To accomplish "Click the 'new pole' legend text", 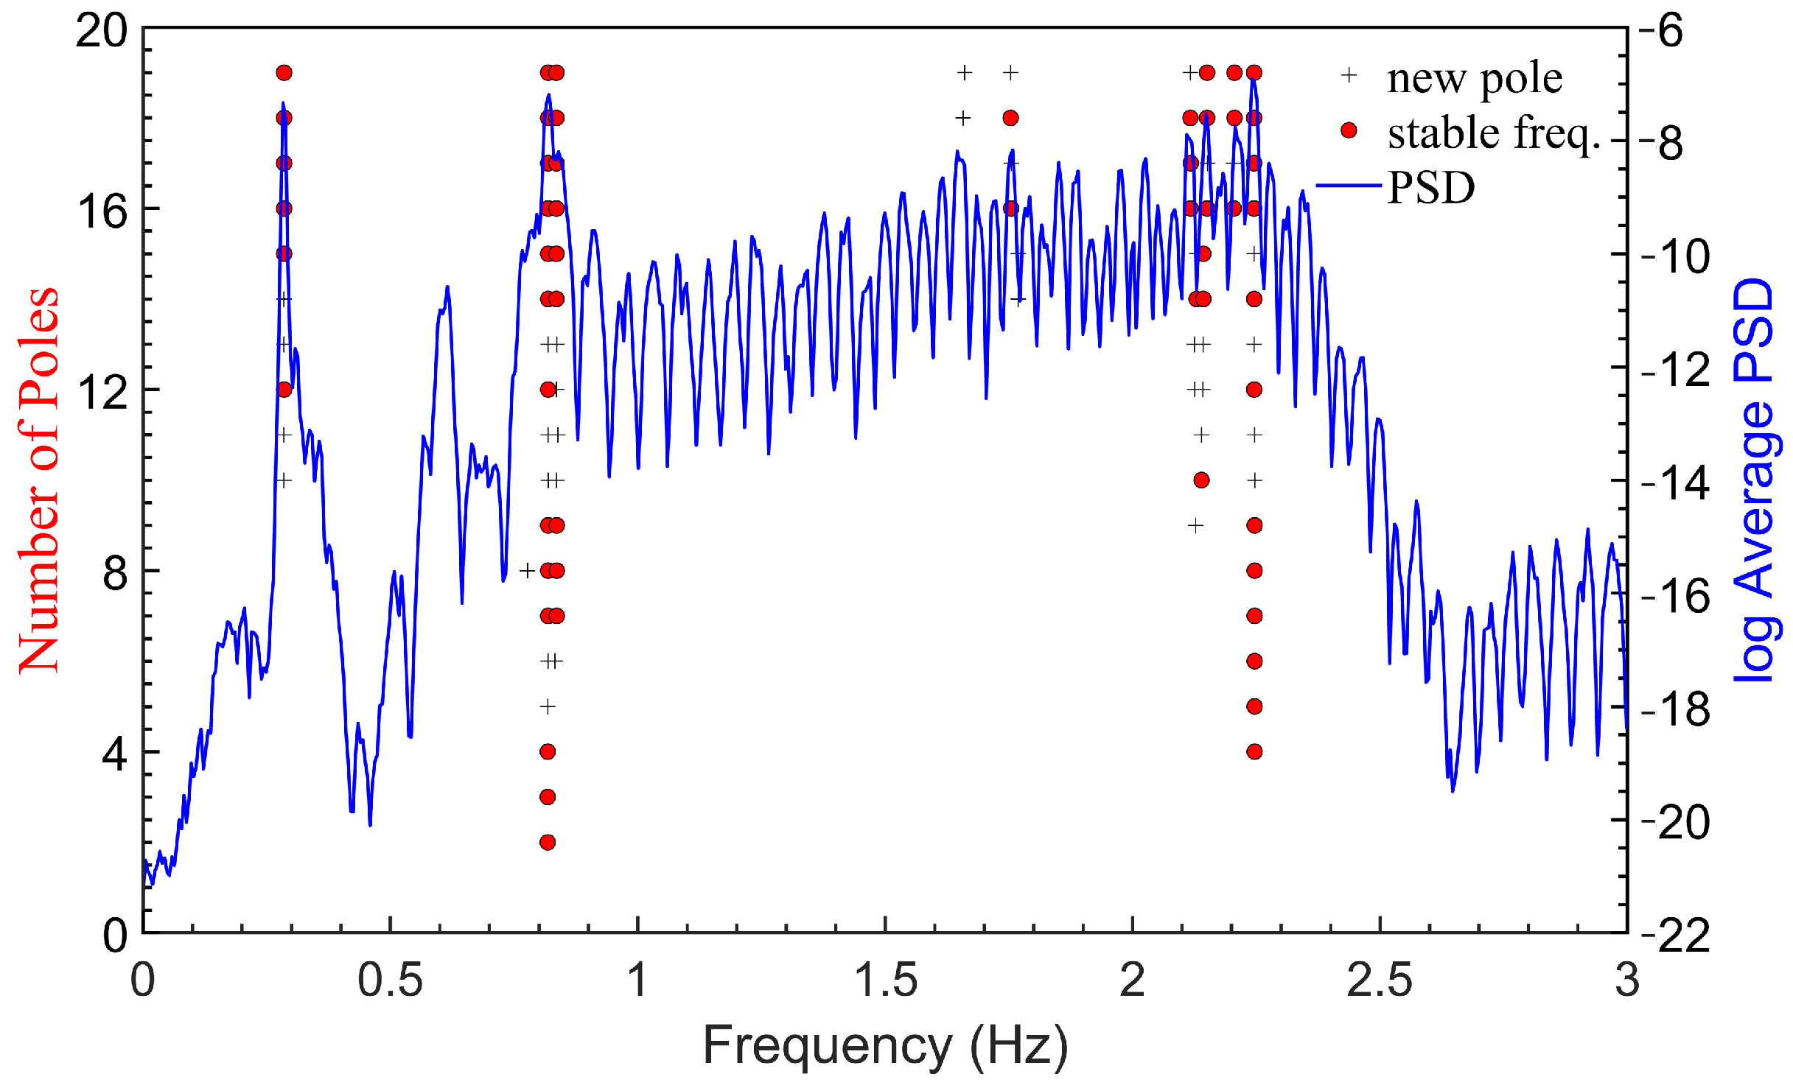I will click(1474, 78).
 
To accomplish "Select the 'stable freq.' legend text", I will click(1494, 133).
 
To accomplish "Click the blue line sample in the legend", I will click(1348, 186).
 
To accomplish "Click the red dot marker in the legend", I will click(1349, 130).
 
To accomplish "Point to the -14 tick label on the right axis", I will click(1674, 482).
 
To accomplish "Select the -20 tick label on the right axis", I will click(1674, 822).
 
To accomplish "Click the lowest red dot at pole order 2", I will click(547, 842).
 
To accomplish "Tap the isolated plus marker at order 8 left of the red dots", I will click(527, 571).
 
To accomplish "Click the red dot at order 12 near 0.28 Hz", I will click(284, 389).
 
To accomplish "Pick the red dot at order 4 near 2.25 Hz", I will click(1254, 751).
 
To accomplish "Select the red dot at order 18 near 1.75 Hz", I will click(1010, 118).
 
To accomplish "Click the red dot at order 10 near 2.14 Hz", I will click(1201, 480).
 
